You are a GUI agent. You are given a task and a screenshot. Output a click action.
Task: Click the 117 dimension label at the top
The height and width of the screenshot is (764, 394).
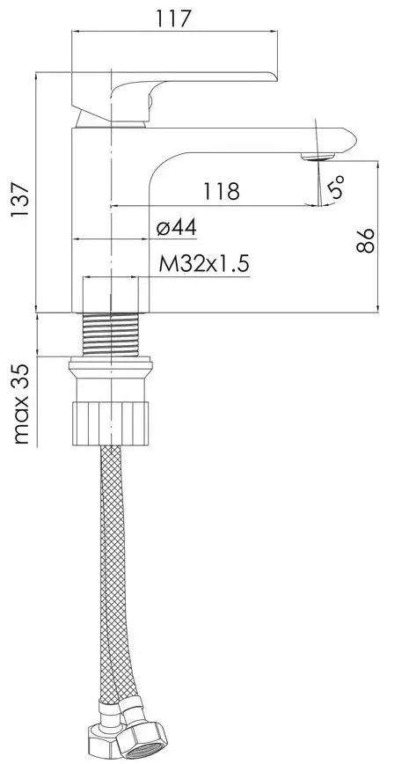174,18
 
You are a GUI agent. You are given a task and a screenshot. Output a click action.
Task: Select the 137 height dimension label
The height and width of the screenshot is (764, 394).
21,201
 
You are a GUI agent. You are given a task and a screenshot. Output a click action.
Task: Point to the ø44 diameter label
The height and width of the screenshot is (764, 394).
176,228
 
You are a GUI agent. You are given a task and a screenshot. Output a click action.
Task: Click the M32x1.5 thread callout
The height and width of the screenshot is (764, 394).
204,265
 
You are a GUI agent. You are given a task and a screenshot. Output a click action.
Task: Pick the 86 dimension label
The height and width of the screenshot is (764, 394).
365,240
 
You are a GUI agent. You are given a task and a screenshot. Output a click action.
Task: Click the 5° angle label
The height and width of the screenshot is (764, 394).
336,187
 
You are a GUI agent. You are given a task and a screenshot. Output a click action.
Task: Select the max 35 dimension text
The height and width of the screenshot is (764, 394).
21,404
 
